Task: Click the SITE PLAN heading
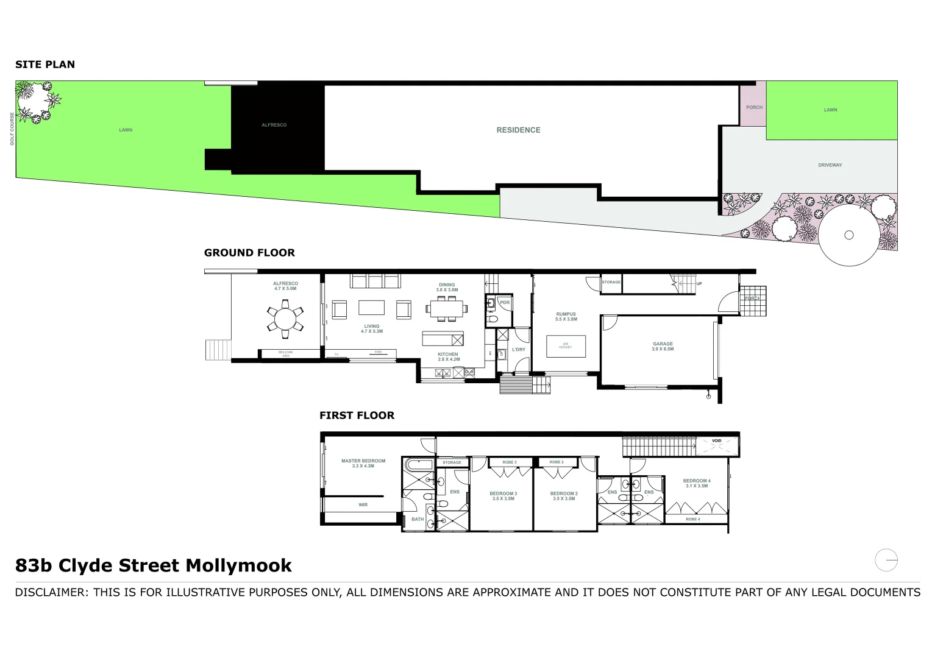click(45, 65)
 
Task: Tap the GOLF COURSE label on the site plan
click(12, 129)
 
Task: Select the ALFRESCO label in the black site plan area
click(274, 125)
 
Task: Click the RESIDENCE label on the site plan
click(518, 130)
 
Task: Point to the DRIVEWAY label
click(830, 165)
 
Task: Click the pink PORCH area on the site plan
click(753, 107)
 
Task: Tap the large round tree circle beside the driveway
click(848, 235)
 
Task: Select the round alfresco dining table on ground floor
click(285, 319)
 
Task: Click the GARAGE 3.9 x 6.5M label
click(663, 346)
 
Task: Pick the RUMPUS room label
click(566, 316)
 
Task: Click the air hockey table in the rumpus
click(565, 346)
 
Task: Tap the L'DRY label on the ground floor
click(518, 350)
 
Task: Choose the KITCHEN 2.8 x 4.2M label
click(447, 356)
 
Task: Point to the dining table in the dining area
click(447, 310)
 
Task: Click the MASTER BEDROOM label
click(363, 463)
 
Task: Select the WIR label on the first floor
click(363, 504)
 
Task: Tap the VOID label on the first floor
click(717, 440)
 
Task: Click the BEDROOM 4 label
click(696, 483)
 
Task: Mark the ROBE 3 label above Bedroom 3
click(509, 462)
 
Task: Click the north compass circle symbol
click(886, 559)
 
